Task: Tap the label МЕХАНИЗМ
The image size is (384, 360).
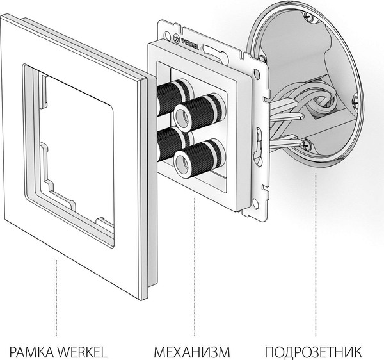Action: (x=191, y=351)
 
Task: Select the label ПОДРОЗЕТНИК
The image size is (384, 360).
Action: (x=314, y=351)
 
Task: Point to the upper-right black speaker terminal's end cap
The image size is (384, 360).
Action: (x=183, y=116)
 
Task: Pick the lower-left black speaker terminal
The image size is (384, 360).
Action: (x=169, y=145)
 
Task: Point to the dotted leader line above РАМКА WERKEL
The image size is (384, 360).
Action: (x=58, y=301)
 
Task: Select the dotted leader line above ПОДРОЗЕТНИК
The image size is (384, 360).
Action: (x=315, y=256)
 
